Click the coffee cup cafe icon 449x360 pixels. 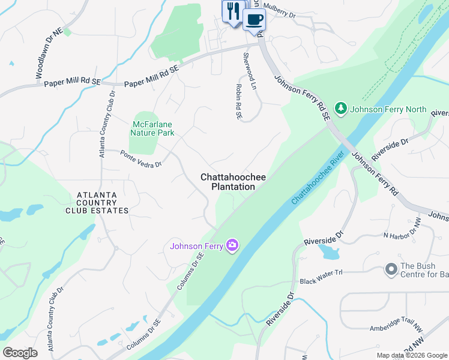(254, 19)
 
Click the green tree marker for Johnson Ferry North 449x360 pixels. (341, 109)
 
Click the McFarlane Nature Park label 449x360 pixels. (153, 128)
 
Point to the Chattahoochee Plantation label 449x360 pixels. (233, 182)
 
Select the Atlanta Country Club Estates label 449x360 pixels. (103, 203)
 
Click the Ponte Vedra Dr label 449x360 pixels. (140, 159)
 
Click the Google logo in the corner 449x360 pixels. (20, 352)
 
